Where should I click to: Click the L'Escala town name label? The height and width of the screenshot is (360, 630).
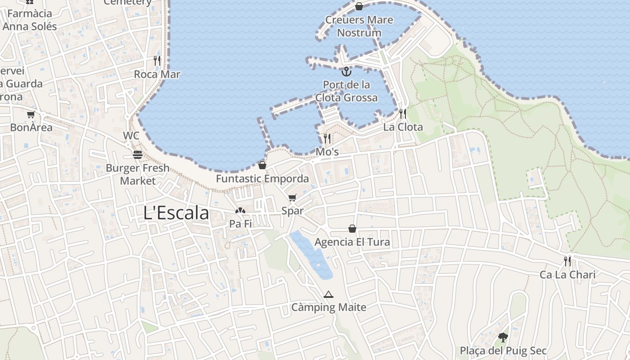176,213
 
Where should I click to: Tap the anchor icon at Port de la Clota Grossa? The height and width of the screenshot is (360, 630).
346,71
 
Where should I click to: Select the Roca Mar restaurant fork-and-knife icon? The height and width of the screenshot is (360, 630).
157,61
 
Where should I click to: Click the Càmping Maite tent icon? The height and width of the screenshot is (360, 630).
328,295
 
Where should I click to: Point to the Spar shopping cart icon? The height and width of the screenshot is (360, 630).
292,198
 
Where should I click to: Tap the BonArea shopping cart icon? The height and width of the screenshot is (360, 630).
31,115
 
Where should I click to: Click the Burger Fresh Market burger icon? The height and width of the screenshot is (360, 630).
138,155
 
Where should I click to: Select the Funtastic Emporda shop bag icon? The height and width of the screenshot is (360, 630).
262,165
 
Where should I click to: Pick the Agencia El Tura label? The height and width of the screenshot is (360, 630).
352,242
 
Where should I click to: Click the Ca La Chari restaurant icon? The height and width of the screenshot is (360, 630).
568,261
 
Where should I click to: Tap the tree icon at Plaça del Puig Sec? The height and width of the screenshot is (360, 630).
503,337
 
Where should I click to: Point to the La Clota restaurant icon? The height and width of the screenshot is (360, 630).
403,113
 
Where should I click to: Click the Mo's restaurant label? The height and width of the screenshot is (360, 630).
327,152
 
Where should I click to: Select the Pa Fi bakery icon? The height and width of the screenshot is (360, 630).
240,210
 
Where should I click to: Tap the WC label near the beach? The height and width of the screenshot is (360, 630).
131,135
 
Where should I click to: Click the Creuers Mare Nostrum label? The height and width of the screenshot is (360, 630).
359,26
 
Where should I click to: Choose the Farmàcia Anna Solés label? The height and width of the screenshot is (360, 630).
30,20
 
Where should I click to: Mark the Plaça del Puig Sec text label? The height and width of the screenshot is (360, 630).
503,351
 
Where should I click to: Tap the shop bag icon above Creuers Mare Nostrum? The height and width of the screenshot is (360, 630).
359,6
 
